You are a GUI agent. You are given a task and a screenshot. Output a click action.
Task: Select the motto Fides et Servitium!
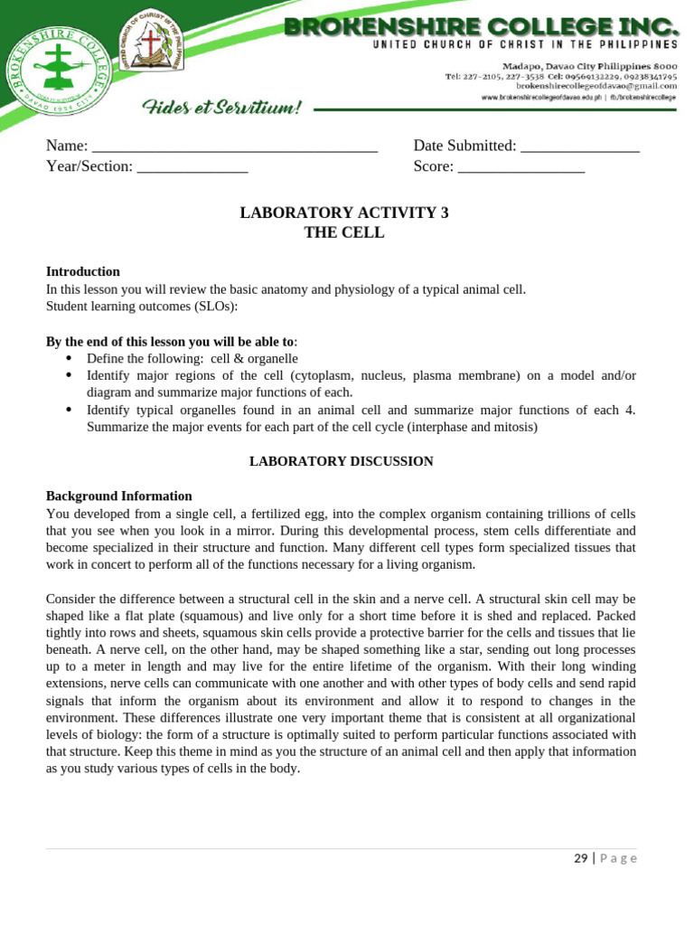click(x=221, y=109)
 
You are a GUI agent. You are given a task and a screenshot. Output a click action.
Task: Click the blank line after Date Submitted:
click(x=580, y=147)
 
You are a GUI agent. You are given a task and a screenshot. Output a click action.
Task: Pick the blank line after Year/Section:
click(x=192, y=167)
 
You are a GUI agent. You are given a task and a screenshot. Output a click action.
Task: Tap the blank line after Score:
click(x=521, y=167)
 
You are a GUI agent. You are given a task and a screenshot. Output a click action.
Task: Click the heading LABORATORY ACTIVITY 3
click(x=343, y=213)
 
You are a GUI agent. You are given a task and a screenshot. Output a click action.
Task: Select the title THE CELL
click(x=343, y=233)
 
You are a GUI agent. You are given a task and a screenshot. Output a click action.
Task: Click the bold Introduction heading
click(x=83, y=272)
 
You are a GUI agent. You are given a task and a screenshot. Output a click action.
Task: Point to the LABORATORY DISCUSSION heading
click(x=342, y=461)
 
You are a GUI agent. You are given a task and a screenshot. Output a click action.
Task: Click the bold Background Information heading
click(x=119, y=496)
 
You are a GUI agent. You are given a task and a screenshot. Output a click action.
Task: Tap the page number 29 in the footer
click(x=581, y=858)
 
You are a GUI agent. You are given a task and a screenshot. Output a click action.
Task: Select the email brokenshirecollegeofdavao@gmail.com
click(x=596, y=86)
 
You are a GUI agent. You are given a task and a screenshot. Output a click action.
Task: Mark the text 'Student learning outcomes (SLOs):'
click(x=142, y=307)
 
